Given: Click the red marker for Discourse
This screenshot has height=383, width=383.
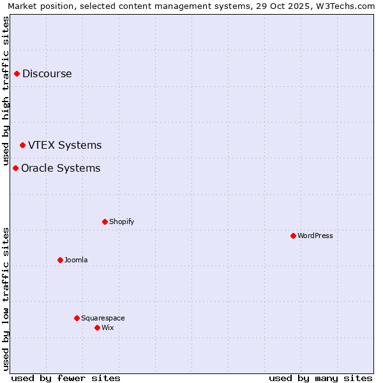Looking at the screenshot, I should point(17,73).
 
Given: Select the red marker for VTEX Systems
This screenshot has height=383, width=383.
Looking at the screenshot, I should point(22,145).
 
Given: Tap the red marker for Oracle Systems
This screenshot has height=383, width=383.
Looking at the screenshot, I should point(15,168).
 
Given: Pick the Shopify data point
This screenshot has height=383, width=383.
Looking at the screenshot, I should point(105,222).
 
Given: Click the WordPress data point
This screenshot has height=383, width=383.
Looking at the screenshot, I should point(293,236).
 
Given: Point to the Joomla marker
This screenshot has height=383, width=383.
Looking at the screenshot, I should point(60,260).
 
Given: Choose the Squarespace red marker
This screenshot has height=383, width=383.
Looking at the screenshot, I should point(77,318).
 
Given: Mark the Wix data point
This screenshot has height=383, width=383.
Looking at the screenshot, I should point(97,327).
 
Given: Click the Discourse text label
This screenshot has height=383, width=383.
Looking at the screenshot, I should point(47,73).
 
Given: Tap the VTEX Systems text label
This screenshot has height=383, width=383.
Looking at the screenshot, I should point(65,145).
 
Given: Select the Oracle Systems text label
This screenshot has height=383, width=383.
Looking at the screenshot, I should point(61,168).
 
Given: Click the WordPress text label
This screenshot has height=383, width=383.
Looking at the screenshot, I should point(315,236).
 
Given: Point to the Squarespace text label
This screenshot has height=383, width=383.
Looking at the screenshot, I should point(103,318).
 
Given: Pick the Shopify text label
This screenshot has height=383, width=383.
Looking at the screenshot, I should point(121,222).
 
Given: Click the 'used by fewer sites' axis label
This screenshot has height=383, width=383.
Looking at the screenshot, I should point(66,378).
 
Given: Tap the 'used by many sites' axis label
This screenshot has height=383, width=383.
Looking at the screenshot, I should point(320,378).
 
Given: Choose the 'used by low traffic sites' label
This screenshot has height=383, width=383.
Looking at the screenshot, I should point(6,299).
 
